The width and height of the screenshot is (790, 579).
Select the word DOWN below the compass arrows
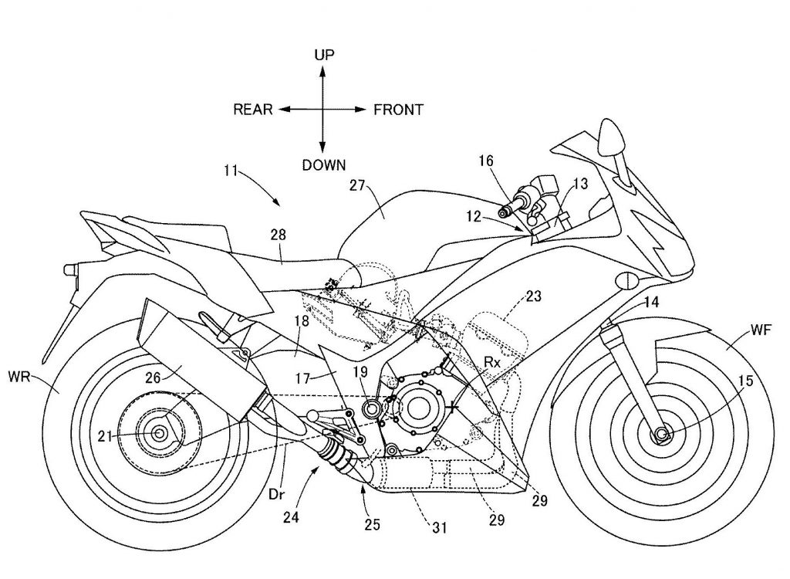323,164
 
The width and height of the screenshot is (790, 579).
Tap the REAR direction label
253,110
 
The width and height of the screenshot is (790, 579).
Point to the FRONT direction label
398,110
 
